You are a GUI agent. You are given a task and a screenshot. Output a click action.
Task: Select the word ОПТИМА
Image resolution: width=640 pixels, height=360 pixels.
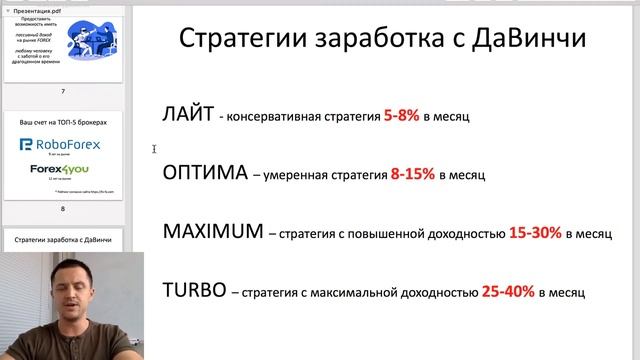[205, 172]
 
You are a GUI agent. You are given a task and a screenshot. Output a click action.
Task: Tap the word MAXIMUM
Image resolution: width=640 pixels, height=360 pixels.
[210, 232]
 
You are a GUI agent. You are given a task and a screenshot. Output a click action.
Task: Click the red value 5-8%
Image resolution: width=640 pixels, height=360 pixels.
[401, 116]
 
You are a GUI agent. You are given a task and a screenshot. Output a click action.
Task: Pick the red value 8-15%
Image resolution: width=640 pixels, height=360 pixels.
[413, 174]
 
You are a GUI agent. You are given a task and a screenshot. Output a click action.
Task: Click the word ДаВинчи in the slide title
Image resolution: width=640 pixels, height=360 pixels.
[536, 40]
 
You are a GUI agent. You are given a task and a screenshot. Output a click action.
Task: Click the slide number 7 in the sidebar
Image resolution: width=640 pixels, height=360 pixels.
[63, 92]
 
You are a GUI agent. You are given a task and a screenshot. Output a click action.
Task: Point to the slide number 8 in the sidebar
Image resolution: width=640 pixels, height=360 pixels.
[63, 209]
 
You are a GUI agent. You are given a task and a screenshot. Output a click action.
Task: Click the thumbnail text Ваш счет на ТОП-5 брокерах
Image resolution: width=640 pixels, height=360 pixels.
[63, 121]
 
